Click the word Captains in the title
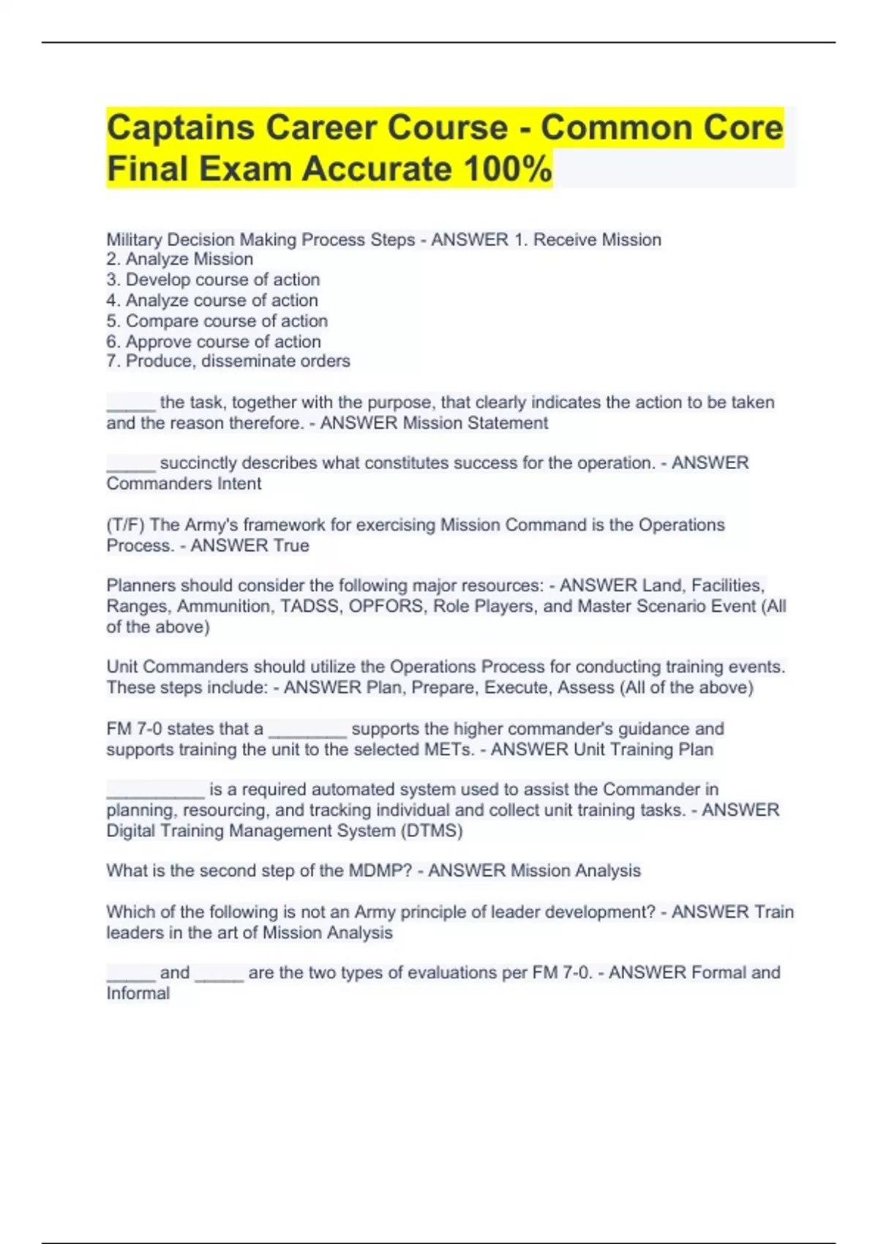(179, 128)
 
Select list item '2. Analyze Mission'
(180, 260)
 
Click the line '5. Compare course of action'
(217, 321)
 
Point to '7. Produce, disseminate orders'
(228, 361)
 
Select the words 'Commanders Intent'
(184, 484)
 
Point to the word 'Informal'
(138, 994)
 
